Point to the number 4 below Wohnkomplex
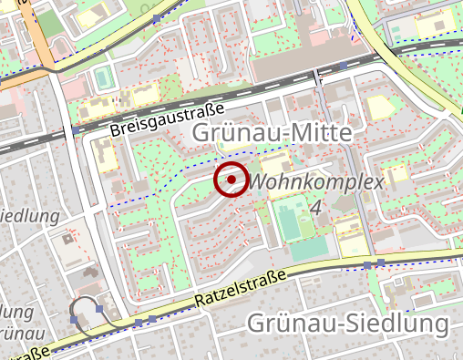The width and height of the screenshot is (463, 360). pos(315,208)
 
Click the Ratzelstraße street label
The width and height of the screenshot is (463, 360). pos(241,288)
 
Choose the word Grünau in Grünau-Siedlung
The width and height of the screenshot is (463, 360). pos(290,324)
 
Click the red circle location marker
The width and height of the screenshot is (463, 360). pos(231,180)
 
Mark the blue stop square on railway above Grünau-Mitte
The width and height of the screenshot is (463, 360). pos(342,67)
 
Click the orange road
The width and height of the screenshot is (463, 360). pos(38,36)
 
